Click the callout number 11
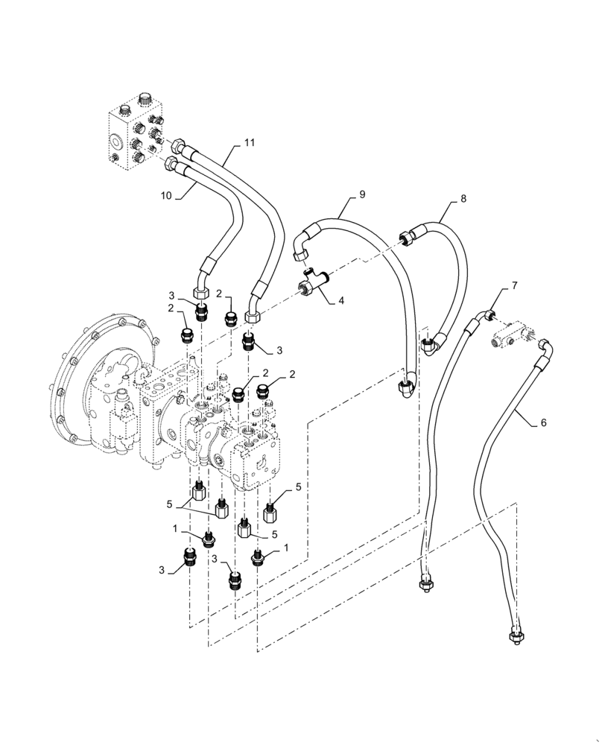[x=250, y=142]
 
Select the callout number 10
[x=165, y=196]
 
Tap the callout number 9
[x=361, y=195]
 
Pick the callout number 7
[x=514, y=287]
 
